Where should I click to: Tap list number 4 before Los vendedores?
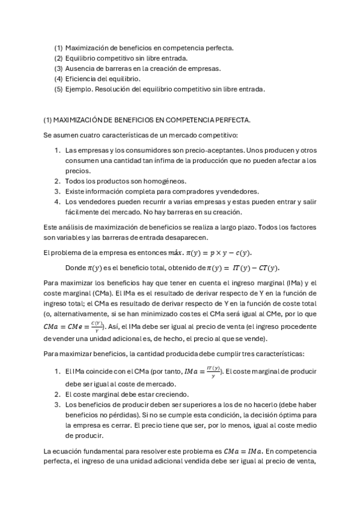(57, 202)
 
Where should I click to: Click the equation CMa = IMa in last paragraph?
(242, 450)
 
